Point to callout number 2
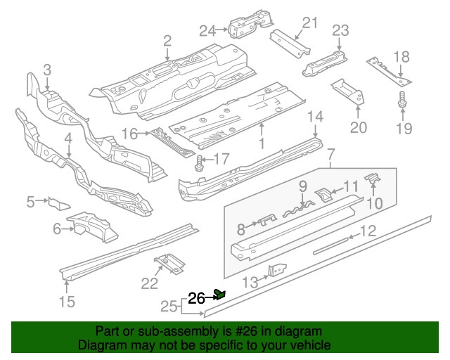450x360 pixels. [167, 40]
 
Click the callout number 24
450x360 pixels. [207, 30]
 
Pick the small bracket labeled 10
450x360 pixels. [373, 182]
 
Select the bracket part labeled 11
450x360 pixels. [326, 194]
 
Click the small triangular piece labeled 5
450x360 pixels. [58, 203]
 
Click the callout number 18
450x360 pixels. [401, 57]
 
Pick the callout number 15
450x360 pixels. [66, 303]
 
